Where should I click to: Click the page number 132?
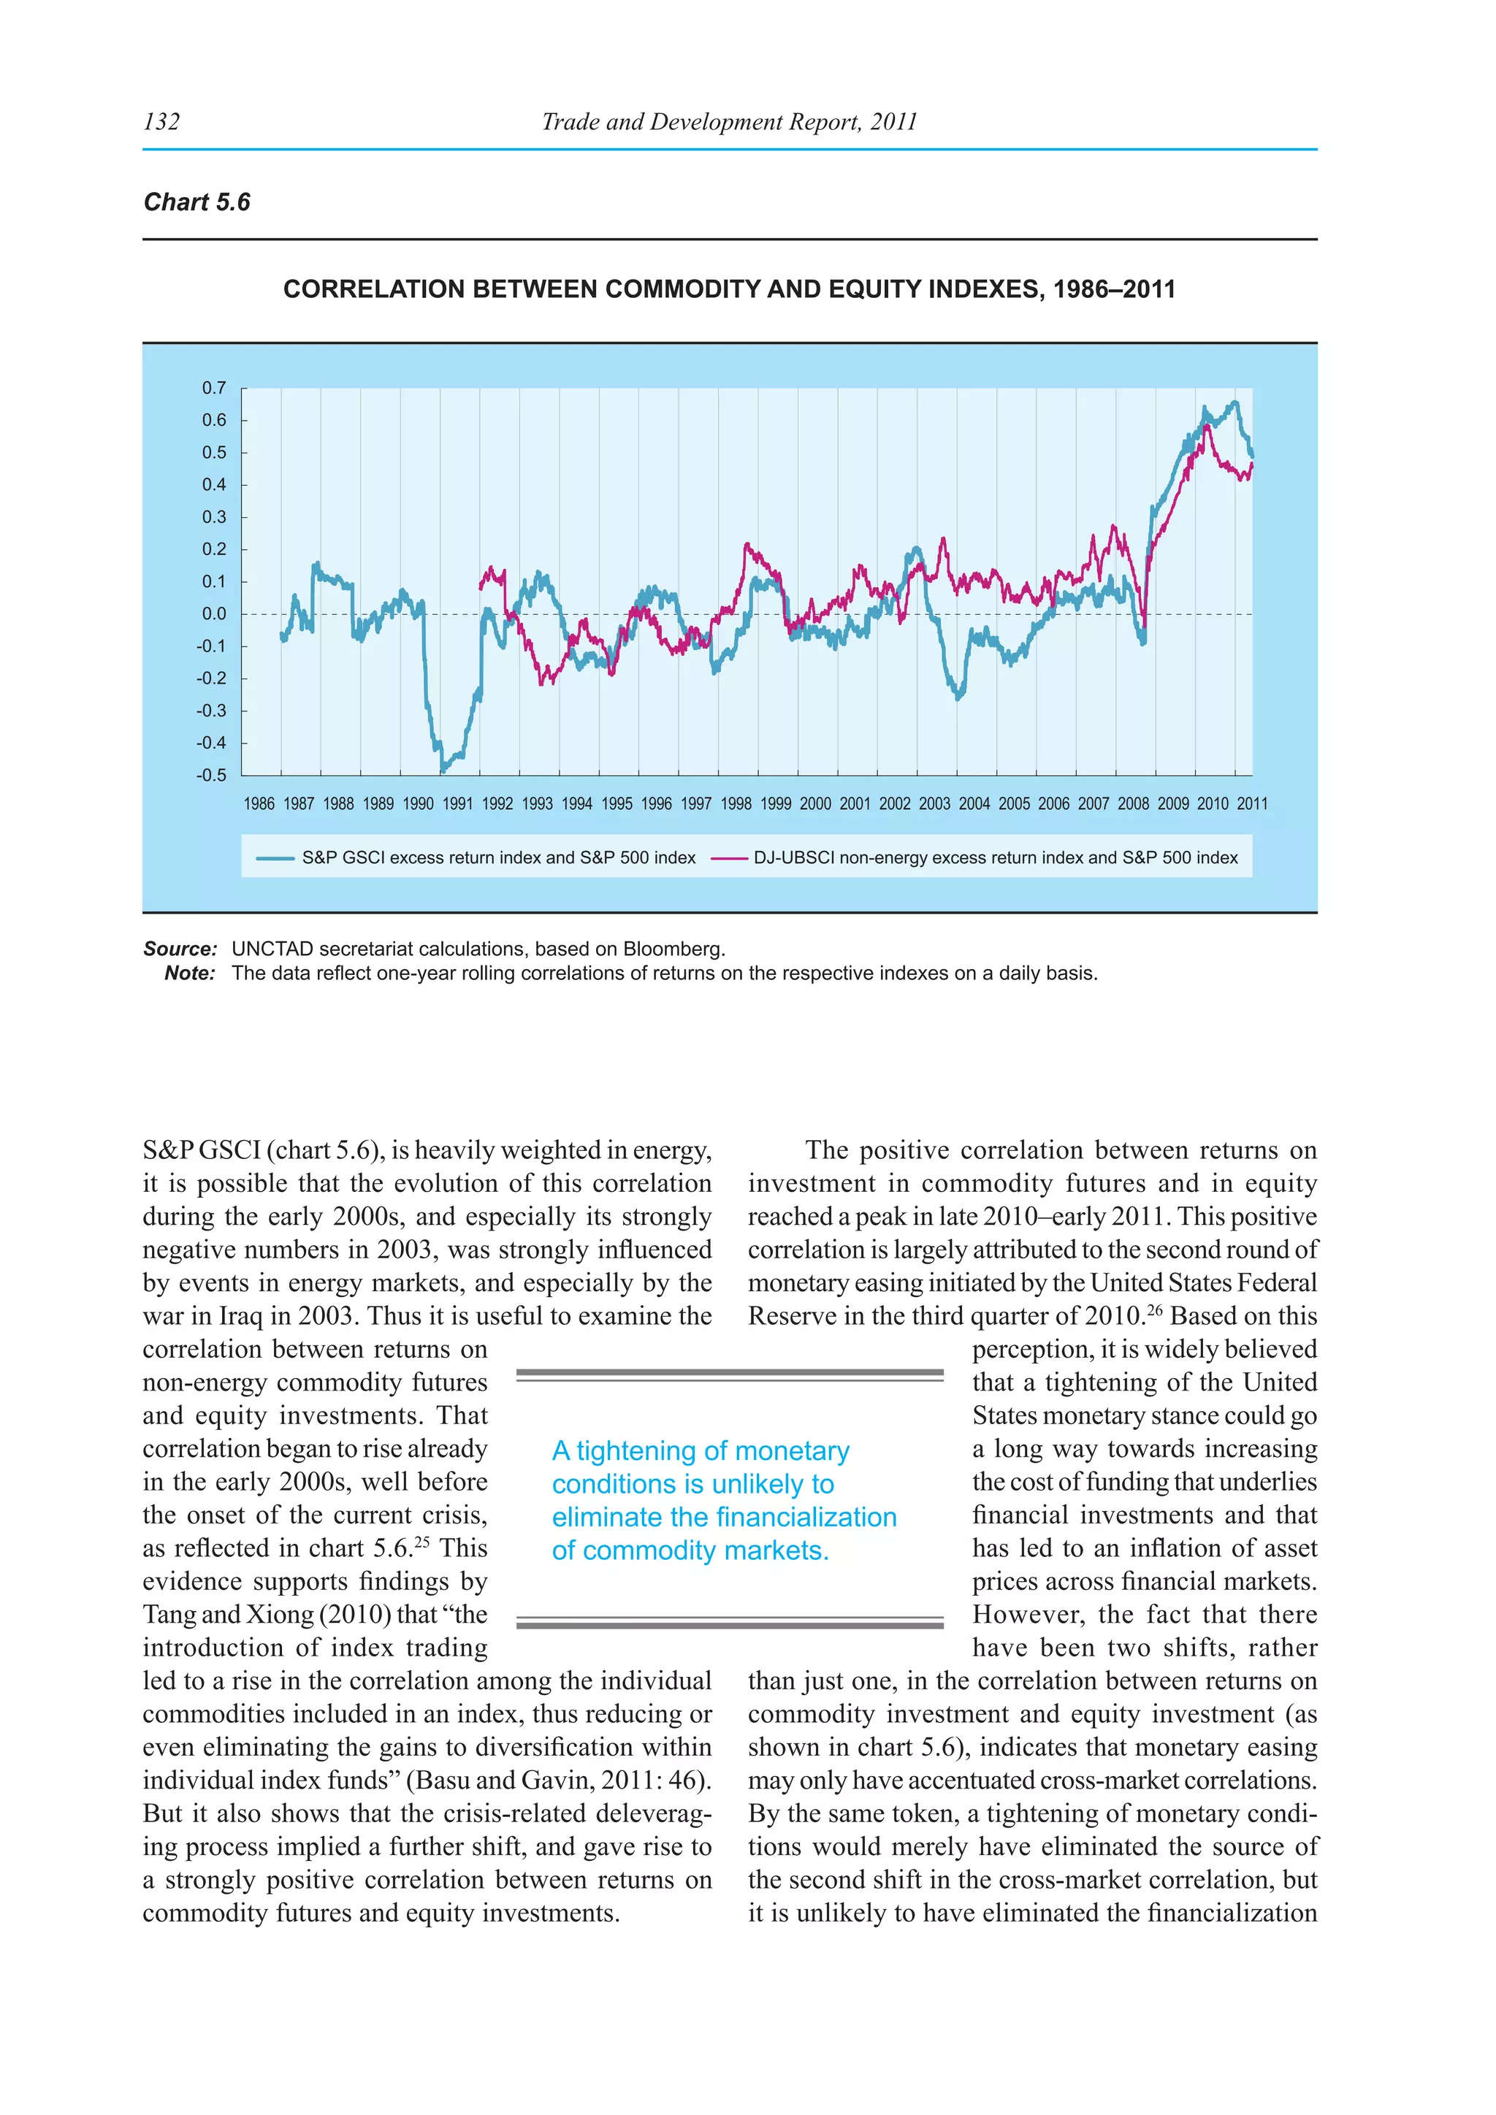click(x=162, y=121)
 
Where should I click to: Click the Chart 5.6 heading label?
click(x=197, y=202)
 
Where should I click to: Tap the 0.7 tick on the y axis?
click(x=214, y=388)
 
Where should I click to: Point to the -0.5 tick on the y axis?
click(x=211, y=775)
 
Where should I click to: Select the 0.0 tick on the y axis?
click(x=214, y=613)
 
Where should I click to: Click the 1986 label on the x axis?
click(x=259, y=803)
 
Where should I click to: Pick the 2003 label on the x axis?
click(x=934, y=803)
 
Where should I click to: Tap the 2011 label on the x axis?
click(x=1252, y=803)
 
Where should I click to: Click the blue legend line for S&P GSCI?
click(x=275, y=857)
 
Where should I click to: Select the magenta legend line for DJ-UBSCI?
click(x=729, y=857)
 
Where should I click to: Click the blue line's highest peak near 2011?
click(x=1235, y=402)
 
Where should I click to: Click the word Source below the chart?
click(x=180, y=949)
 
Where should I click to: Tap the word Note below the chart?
click(x=190, y=973)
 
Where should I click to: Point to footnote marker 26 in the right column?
click(x=1155, y=1308)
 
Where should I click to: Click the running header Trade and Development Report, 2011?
click(x=729, y=121)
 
